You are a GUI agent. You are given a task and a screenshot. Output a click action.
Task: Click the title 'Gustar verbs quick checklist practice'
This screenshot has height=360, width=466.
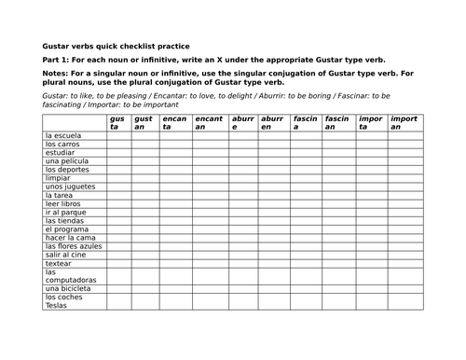click(x=116, y=45)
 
